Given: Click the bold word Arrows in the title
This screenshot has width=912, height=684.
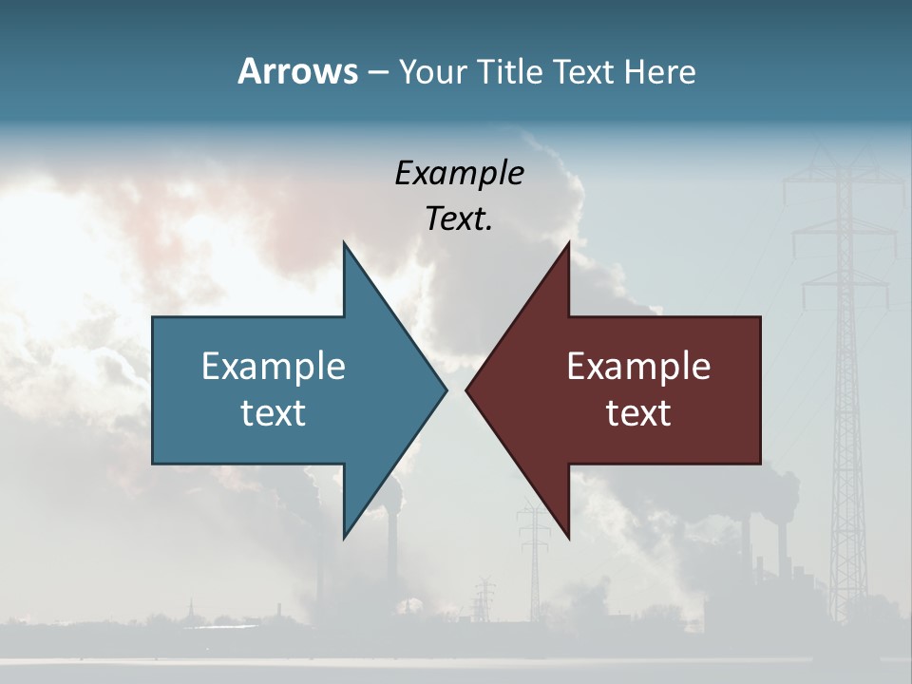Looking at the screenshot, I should (297, 71).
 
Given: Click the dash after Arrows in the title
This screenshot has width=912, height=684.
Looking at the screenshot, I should (377, 72).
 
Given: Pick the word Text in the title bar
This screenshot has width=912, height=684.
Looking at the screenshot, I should (585, 71).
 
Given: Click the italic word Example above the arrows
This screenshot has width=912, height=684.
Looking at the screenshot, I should (459, 174).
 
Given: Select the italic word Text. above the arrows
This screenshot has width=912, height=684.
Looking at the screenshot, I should (459, 219).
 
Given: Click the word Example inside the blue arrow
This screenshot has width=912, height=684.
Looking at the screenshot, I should (274, 366).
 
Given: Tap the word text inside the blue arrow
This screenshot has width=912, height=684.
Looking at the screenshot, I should (274, 413).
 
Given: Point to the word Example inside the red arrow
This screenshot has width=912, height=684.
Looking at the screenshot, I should (638, 366).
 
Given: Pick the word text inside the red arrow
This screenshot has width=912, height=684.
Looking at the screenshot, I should (638, 413).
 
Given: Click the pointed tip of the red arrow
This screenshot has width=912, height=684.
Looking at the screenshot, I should (467, 389).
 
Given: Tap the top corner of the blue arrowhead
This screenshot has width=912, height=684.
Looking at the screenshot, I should (344, 244).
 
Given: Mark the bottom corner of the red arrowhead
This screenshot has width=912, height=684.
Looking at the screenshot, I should (568, 537).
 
